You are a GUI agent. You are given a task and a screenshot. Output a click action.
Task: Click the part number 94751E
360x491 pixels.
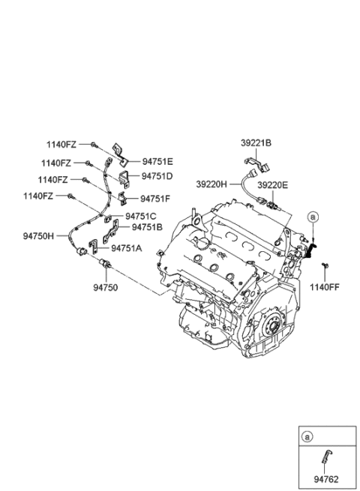tap(158, 160)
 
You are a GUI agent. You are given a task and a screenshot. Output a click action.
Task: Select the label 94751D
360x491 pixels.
tap(158, 177)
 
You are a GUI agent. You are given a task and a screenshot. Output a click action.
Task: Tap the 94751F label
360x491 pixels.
tap(157, 199)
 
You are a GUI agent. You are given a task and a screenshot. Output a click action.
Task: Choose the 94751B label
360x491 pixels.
tap(148, 226)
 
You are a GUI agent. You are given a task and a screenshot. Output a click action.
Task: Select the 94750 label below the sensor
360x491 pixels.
tap(105, 286)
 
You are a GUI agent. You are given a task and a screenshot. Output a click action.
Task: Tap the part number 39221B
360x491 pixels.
tap(256, 143)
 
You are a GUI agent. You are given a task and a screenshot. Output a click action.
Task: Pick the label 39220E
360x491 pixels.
tap(273, 184)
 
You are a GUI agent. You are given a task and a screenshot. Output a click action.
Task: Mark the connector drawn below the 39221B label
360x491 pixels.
tap(250, 160)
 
